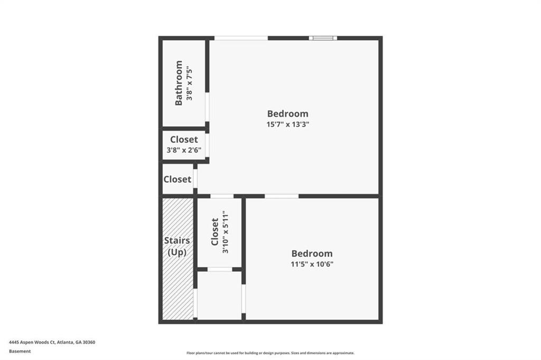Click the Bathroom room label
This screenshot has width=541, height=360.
[x=179, y=83]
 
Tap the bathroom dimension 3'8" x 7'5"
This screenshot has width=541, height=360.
[x=190, y=83]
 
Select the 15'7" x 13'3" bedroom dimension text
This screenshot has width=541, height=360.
[x=287, y=125]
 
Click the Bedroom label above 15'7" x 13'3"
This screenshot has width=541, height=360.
[x=287, y=113]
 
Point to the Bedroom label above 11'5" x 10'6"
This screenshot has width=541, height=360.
[x=312, y=253]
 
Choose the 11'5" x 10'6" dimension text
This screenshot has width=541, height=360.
[x=312, y=264]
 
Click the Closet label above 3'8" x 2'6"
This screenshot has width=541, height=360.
[x=184, y=140]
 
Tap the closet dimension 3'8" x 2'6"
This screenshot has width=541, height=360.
[x=184, y=150]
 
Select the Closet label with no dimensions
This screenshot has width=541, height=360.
[x=177, y=179]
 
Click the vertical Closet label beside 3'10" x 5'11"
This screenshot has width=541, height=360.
[x=214, y=232]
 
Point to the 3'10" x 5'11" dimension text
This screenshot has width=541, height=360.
[x=226, y=232]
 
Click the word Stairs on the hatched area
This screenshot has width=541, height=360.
[x=176, y=241]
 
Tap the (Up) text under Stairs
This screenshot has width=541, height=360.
[x=176, y=252]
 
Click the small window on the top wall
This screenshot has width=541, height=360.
[x=323, y=38]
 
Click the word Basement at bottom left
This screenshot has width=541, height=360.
[x=20, y=351]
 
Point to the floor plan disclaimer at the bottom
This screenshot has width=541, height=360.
[x=270, y=353]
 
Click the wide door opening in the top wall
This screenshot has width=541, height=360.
[x=241, y=38]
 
